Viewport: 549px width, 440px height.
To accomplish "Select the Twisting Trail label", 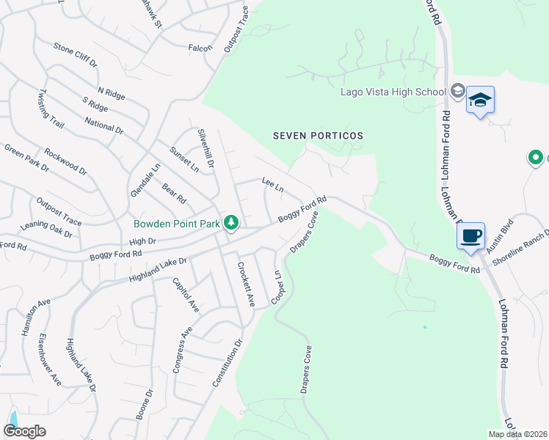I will [51, 109].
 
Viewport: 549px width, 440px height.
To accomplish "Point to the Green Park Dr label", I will [26, 158].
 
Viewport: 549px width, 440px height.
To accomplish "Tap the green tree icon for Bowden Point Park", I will [231, 221].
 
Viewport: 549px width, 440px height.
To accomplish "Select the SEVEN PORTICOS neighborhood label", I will [318, 136].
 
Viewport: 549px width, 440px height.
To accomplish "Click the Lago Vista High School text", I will [393, 92].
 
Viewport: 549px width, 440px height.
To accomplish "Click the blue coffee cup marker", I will [470, 236].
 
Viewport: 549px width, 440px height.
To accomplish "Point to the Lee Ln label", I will [272, 184].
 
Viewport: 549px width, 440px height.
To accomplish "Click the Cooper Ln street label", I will [277, 287].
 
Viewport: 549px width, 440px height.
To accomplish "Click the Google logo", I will [25, 431].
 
